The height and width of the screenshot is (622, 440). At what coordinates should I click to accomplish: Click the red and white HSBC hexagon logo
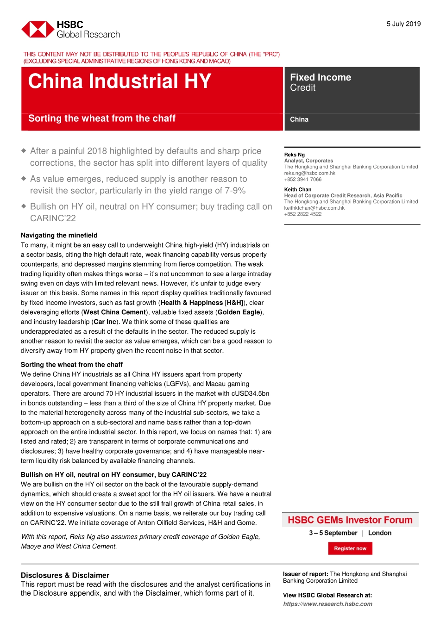38,29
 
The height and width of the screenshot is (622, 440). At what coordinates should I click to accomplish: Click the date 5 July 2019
403,24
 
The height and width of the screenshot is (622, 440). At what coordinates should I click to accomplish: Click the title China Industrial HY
119,81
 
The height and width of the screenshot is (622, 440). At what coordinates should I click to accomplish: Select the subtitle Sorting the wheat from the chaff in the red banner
102,118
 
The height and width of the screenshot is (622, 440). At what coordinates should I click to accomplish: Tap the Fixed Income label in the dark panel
321,77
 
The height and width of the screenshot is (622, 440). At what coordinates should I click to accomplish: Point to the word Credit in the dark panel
303,88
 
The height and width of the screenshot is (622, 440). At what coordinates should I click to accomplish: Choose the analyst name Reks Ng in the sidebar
295,155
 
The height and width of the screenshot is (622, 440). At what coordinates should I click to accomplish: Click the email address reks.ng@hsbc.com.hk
309,173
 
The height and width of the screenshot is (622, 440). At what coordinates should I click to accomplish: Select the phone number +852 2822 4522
303,214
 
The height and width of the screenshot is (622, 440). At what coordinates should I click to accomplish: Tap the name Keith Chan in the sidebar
298,189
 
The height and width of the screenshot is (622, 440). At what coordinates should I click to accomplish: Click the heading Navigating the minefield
59,235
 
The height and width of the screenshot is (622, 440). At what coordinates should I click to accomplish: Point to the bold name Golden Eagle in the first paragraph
239,312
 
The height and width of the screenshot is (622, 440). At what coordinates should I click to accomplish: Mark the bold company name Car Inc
105,322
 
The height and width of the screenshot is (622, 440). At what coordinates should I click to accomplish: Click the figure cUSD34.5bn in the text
250,393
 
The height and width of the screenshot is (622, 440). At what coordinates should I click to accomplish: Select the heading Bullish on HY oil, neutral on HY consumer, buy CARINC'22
113,474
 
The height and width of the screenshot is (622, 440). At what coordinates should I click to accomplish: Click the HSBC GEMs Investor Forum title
350,520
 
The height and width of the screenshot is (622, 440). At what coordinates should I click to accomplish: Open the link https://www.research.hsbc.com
327,604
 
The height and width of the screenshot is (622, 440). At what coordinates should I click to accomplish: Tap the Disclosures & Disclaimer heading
65,575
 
